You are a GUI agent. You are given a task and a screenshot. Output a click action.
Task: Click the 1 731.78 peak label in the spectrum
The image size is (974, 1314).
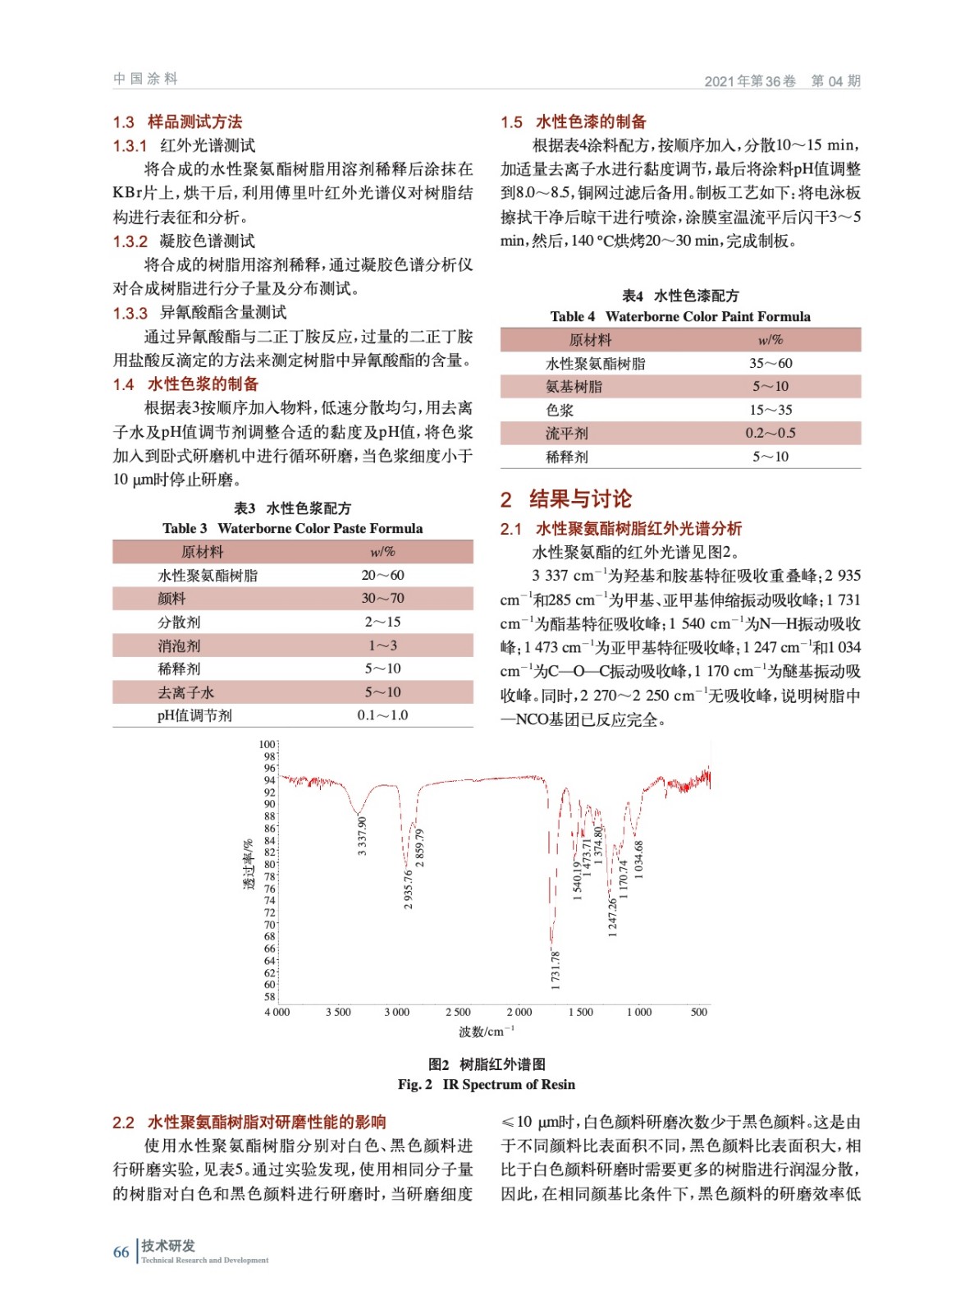pos(556,970)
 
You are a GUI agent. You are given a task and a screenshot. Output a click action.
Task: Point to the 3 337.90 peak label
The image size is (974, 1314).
pos(362,836)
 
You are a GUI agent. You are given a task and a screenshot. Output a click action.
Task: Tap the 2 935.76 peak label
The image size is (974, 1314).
pos(409,889)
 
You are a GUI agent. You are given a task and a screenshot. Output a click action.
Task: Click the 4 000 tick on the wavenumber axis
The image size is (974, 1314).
pos(277,1012)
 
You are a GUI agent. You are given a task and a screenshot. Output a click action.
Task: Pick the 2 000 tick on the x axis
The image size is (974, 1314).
pos(519,1012)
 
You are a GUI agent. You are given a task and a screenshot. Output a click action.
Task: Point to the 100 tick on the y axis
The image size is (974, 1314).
pos(268,744)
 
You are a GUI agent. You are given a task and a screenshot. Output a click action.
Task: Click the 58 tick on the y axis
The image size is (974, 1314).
pos(269,997)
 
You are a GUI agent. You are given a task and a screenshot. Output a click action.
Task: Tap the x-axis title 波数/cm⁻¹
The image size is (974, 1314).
pos(486,1031)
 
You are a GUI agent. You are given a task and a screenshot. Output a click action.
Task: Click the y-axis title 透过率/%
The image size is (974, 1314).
pos(249,864)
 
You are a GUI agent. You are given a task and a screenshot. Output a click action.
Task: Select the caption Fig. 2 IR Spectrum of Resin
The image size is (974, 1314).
pos(487,1084)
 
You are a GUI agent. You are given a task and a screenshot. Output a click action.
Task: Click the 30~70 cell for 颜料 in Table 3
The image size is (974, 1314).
pos(382,599)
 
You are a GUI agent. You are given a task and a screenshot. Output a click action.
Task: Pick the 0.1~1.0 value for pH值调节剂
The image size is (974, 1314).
pos(382,715)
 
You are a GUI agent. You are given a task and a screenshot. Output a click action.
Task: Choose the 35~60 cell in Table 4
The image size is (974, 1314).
pos(771,363)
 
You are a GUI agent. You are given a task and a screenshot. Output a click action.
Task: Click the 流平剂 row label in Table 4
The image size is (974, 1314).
pos(567,433)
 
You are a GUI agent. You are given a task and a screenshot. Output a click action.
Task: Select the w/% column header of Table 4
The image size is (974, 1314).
pos(771,340)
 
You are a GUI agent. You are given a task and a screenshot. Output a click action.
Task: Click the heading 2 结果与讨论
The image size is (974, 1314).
pos(566,498)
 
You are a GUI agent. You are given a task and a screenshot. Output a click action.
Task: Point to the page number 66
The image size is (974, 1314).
pos(121,1252)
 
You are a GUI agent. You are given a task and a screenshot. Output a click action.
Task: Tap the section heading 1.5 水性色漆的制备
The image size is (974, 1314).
pos(574,122)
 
